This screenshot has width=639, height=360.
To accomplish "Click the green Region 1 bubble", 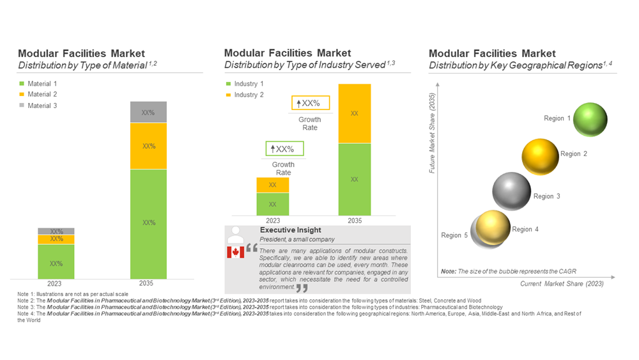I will point(590,120).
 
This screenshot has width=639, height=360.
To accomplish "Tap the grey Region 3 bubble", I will point(511,192).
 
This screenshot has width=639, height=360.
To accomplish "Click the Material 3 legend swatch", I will point(22,106).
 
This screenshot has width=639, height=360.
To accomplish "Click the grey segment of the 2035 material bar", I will point(148,113).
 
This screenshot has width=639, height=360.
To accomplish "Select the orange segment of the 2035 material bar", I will point(148,146).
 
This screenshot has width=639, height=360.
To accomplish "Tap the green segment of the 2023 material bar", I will point(56,262).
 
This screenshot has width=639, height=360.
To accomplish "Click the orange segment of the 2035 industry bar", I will point(354,113).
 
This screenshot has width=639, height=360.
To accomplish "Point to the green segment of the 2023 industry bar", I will point(273,204).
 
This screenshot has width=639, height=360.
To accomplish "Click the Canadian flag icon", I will point(236,252).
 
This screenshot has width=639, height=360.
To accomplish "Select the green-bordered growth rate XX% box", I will point(284,149).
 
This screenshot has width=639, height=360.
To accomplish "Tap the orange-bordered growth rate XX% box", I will point(311,103).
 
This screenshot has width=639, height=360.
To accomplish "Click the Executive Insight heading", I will point(290,230).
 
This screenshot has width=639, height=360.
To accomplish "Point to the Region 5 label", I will point(454,235).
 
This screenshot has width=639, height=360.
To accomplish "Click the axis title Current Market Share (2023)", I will point(562,283).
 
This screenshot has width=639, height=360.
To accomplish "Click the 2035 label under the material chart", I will point(148,283).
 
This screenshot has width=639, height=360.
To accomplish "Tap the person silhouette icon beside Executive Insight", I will point(236,233).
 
